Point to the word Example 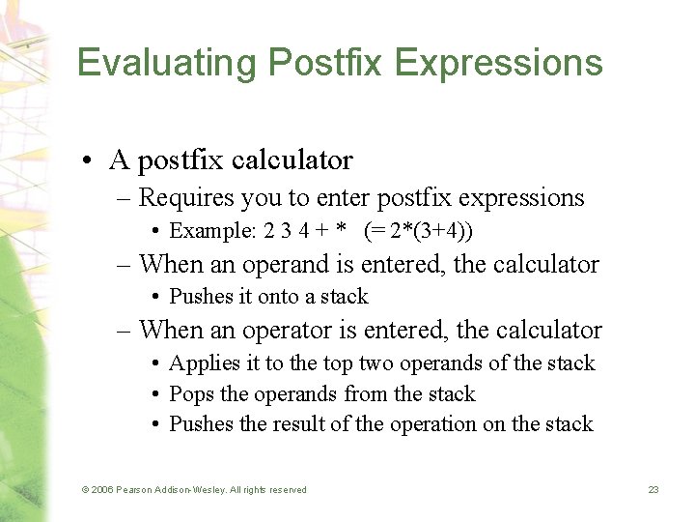203,231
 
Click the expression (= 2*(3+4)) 418,231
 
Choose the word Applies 199,363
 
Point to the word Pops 189,393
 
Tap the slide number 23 653,490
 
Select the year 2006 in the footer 101,490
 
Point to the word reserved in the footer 285,490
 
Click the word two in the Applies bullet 378,363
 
